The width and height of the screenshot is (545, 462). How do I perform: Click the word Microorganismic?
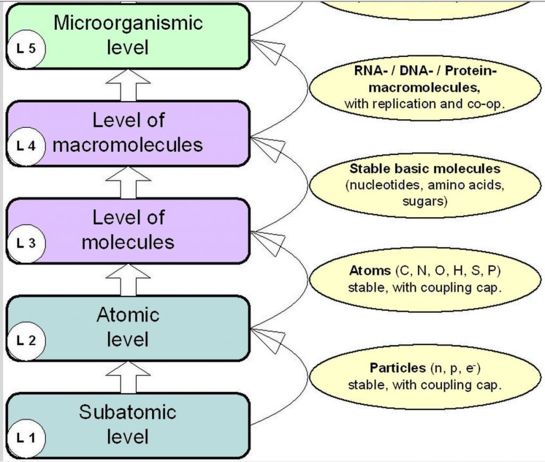click(128, 23)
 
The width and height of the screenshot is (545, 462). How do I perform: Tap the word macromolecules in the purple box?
click(128, 145)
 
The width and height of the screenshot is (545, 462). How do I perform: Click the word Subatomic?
click(128, 412)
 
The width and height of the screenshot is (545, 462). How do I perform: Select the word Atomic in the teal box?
click(128, 315)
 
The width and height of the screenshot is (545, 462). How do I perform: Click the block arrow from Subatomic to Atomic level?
click(128, 376)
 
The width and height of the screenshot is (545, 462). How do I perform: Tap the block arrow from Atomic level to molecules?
click(128, 279)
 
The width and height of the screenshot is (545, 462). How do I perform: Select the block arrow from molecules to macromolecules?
click(128, 182)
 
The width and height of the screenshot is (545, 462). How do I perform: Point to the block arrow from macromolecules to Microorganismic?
click(128, 85)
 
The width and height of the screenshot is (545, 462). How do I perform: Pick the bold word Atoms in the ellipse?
click(369, 271)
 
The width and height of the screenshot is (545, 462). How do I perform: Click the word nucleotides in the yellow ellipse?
click(383, 185)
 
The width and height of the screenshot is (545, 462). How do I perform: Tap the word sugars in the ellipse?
click(425, 202)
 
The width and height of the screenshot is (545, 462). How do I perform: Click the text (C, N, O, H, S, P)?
click(448, 271)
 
